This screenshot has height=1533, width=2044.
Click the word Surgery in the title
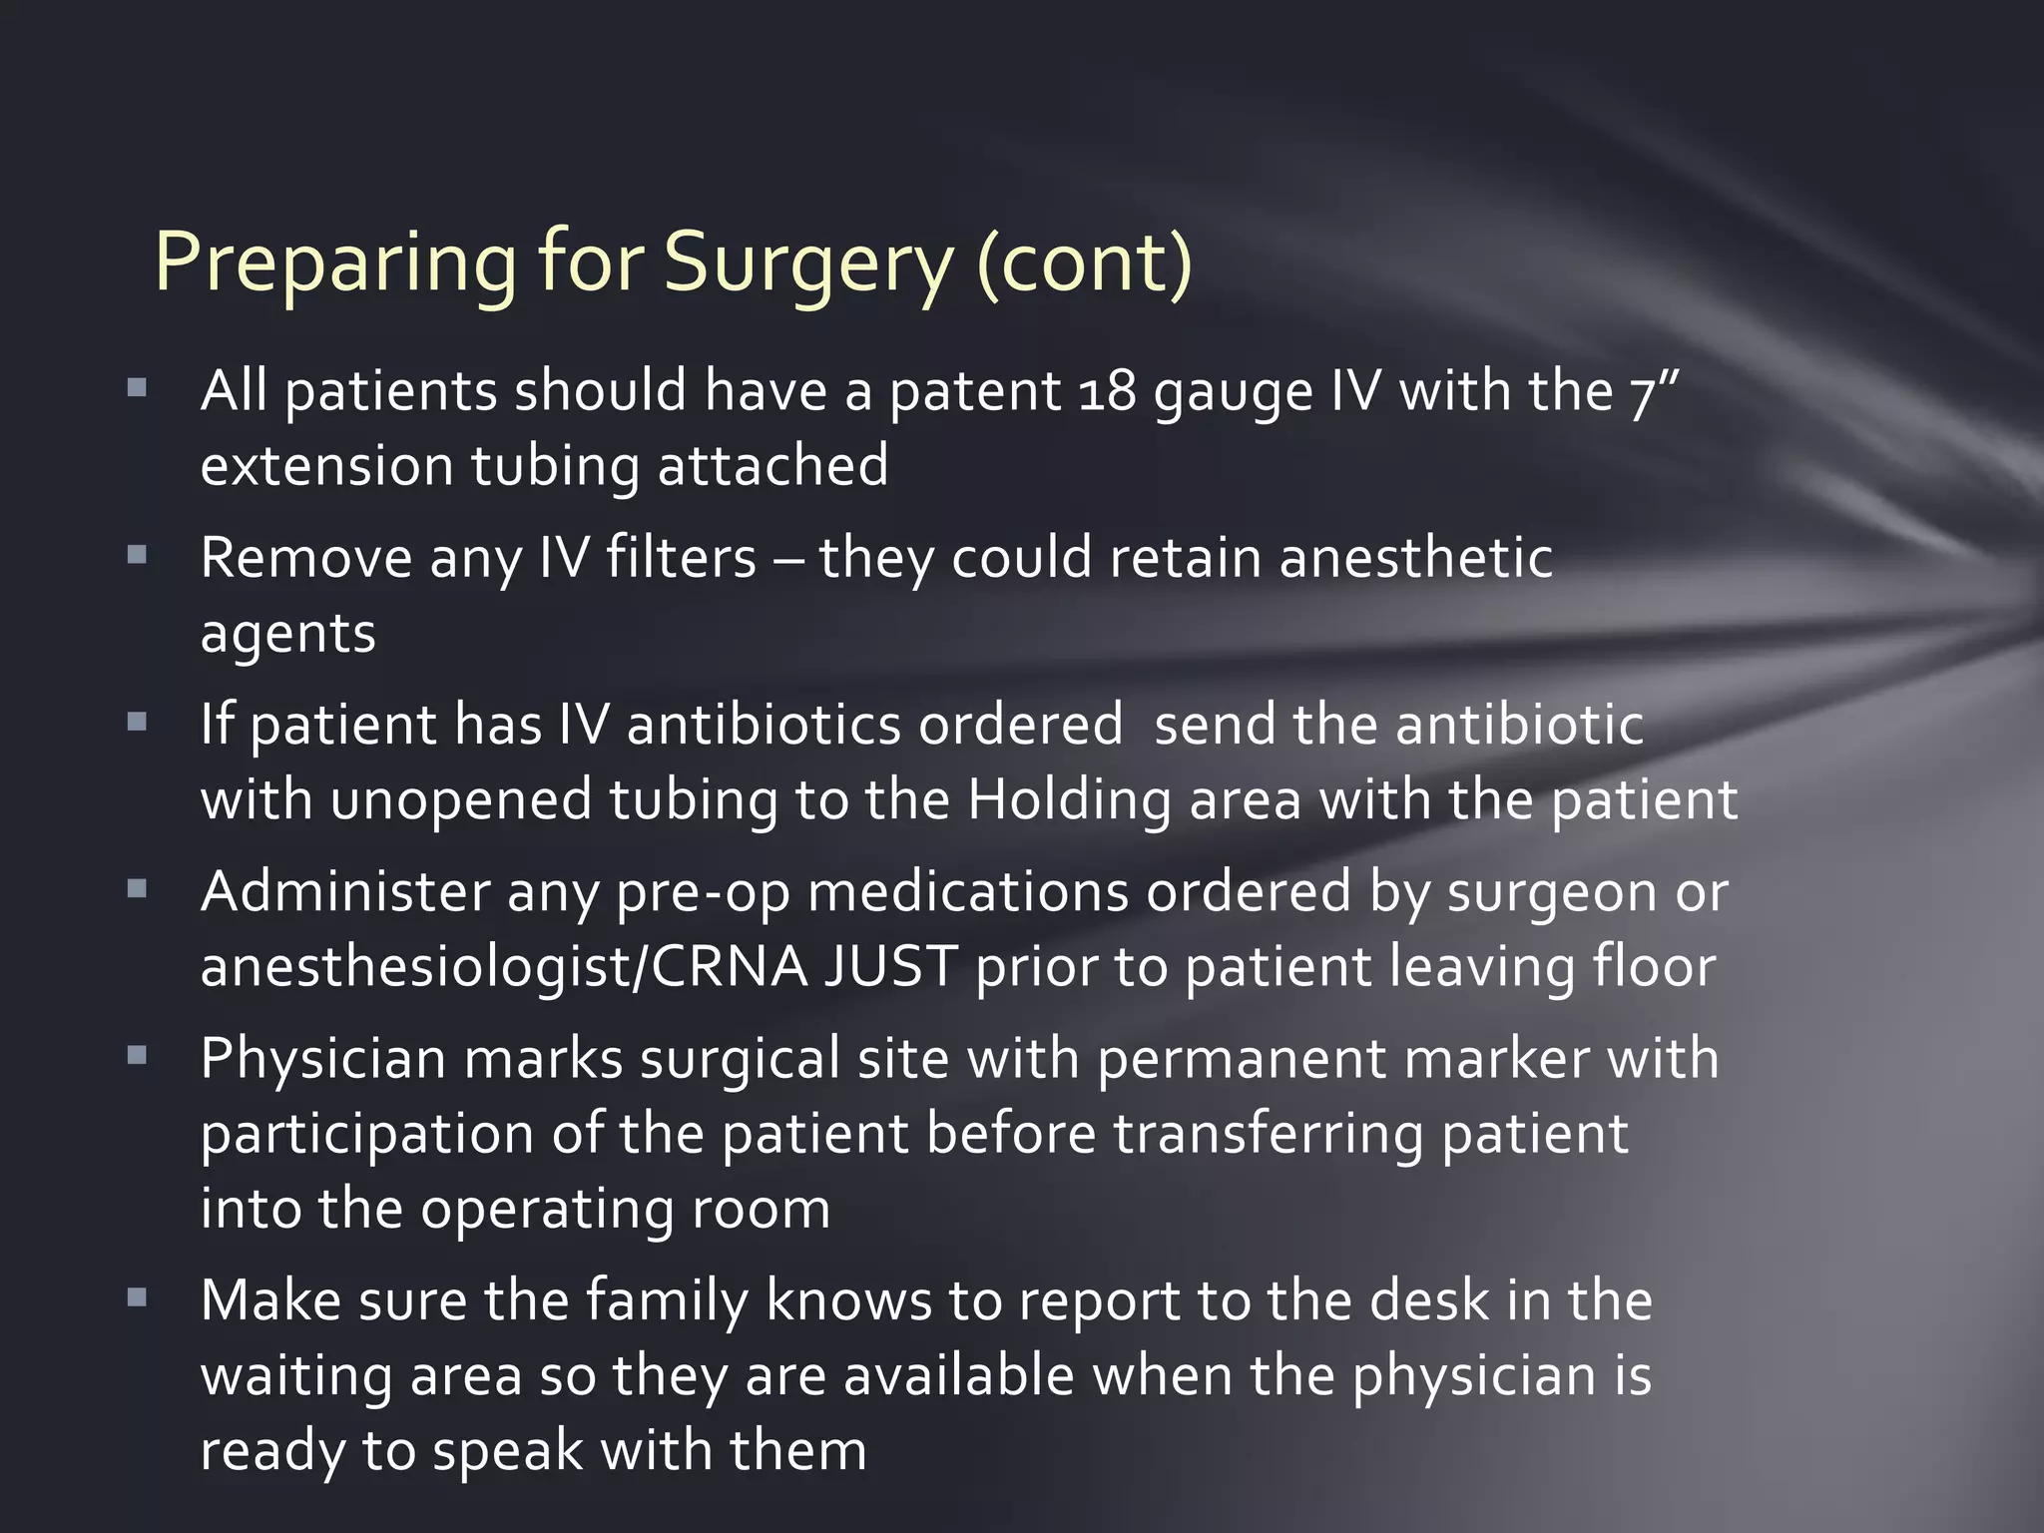808,264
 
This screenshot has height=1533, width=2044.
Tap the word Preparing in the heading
335,264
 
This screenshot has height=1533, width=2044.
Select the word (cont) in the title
1084,264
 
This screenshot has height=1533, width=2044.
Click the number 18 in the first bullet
1108,391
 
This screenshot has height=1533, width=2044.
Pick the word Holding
1069,800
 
